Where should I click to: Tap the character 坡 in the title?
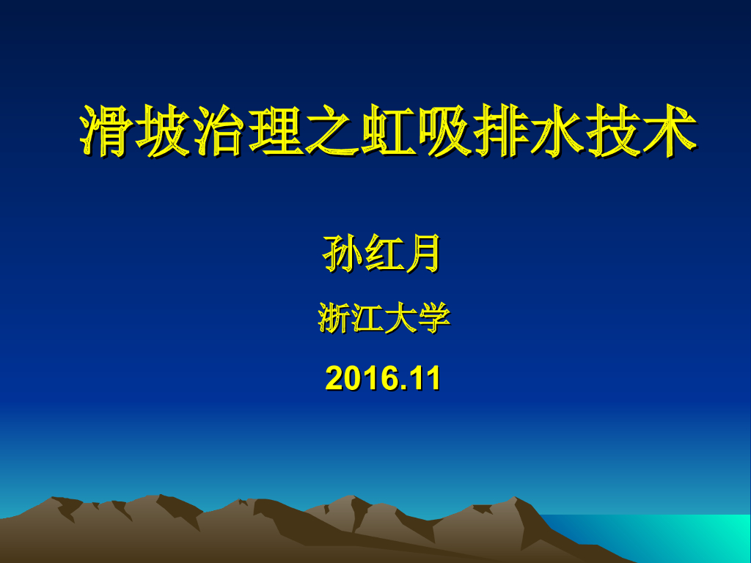click(164, 131)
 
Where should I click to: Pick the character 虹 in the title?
click(387, 131)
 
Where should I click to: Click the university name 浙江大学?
click(383, 319)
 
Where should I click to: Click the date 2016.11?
click(383, 379)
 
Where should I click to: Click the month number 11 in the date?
click(425, 379)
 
